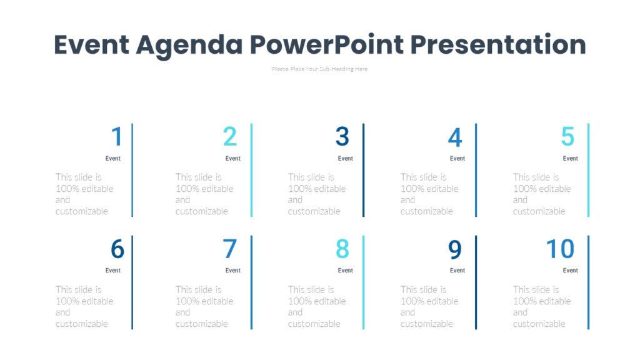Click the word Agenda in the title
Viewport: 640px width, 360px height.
(x=189, y=45)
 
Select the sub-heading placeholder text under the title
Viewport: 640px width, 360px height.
(x=319, y=69)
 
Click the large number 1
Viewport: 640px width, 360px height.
(x=117, y=137)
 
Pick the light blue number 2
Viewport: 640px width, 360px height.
(x=230, y=137)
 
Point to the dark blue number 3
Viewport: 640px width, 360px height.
(x=342, y=137)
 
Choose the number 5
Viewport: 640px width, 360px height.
(x=567, y=137)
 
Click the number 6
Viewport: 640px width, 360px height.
(x=117, y=249)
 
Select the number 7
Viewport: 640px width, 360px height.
(x=230, y=249)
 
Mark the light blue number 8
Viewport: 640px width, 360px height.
(x=342, y=249)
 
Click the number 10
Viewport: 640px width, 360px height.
(x=560, y=249)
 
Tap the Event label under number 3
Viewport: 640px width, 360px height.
(x=345, y=158)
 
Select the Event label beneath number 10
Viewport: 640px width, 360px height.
(x=570, y=271)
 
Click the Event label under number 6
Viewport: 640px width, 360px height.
(x=113, y=271)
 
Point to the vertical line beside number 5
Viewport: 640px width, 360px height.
(x=588, y=170)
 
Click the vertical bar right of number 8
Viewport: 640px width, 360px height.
(x=363, y=282)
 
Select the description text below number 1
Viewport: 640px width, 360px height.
(x=84, y=194)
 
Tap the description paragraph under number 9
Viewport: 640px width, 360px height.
(x=429, y=307)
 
